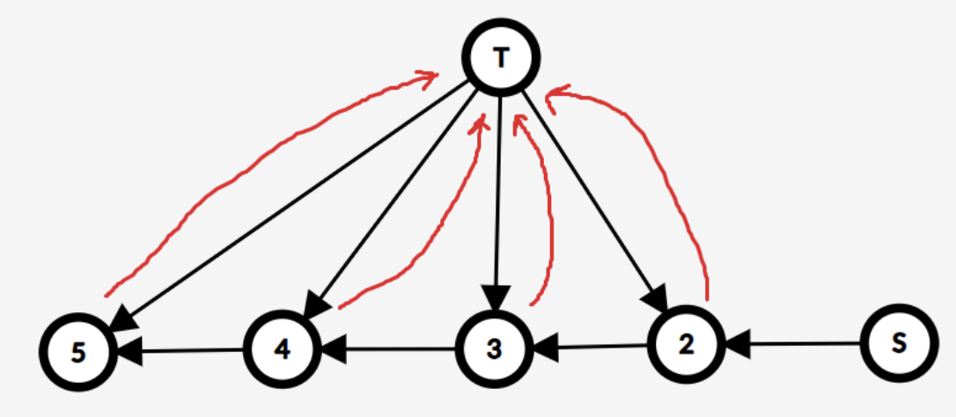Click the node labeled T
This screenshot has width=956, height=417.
pos(501,58)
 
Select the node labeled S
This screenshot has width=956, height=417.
pos(897,343)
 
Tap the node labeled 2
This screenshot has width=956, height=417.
pos(686,344)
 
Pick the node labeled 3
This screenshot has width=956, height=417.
pos(494,349)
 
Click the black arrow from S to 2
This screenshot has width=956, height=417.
pos(792,344)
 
